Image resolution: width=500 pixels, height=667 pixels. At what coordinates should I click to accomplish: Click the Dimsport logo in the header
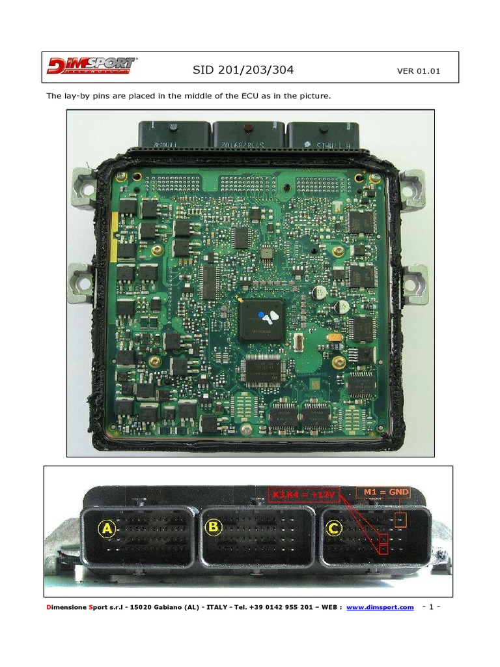(91, 66)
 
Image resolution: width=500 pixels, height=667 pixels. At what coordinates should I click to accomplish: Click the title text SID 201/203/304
(248, 70)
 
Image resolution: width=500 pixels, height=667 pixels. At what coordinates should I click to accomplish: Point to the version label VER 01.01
(418, 71)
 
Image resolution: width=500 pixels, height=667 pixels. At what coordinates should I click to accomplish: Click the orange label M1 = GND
(383, 492)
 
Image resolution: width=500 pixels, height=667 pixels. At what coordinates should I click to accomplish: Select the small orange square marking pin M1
(401, 520)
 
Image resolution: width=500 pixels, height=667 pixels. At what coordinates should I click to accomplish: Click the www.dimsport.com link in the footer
(380, 608)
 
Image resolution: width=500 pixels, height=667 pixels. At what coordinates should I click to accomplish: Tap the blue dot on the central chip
(262, 314)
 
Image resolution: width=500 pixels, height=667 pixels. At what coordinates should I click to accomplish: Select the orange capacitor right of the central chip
(335, 337)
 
